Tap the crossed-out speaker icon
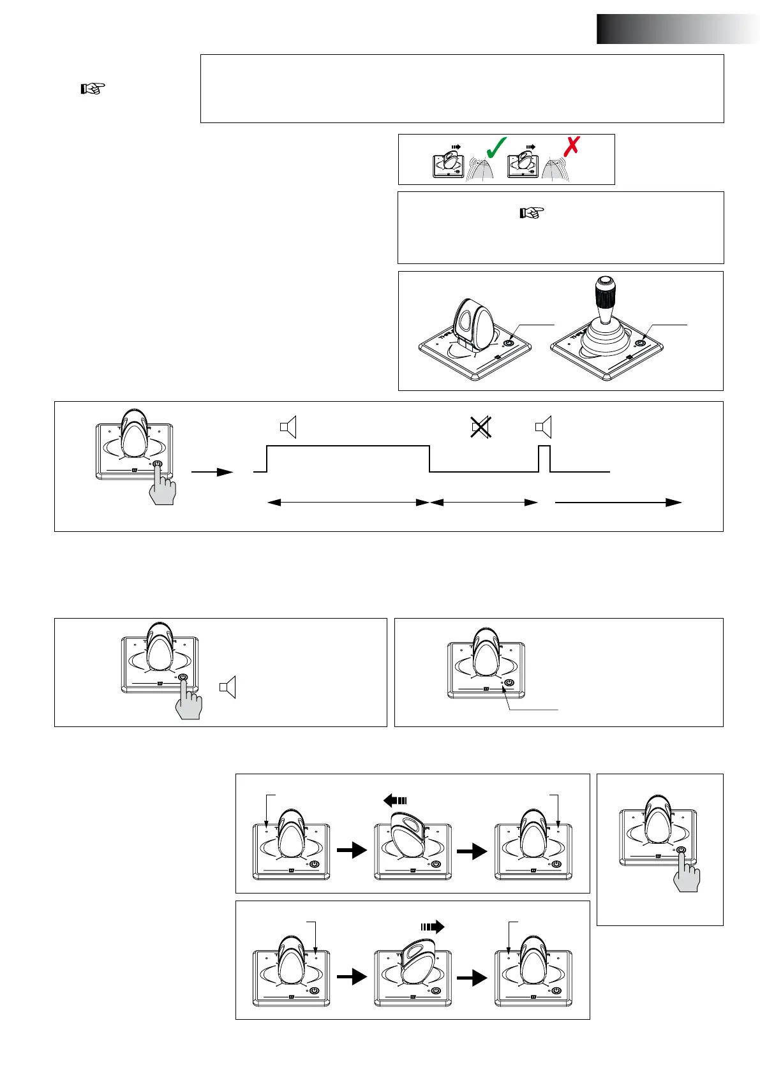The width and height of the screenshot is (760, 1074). tap(481, 427)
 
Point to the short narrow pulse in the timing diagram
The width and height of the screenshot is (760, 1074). tap(544, 459)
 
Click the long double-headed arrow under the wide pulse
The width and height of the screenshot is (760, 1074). tap(348, 503)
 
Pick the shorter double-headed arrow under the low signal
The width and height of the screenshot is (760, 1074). tap(484, 503)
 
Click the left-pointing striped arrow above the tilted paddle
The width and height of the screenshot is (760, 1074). tap(394, 800)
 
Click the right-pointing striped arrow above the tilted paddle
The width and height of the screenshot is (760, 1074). tap(432, 927)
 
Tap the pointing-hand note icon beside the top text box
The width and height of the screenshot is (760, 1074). tap(93, 89)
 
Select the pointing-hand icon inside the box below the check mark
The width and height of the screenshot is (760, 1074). tap(532, 212)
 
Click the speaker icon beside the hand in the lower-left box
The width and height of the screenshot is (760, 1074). tap(228, 687)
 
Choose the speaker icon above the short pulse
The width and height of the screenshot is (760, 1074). tap(544, 427)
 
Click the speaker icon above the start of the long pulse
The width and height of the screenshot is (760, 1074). tap(288, 427)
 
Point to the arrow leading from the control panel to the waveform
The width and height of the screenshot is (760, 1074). tap(212, 472)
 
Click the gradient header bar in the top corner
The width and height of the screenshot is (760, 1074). tap(678, 29)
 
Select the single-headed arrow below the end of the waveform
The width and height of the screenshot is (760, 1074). tap(618, 503)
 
